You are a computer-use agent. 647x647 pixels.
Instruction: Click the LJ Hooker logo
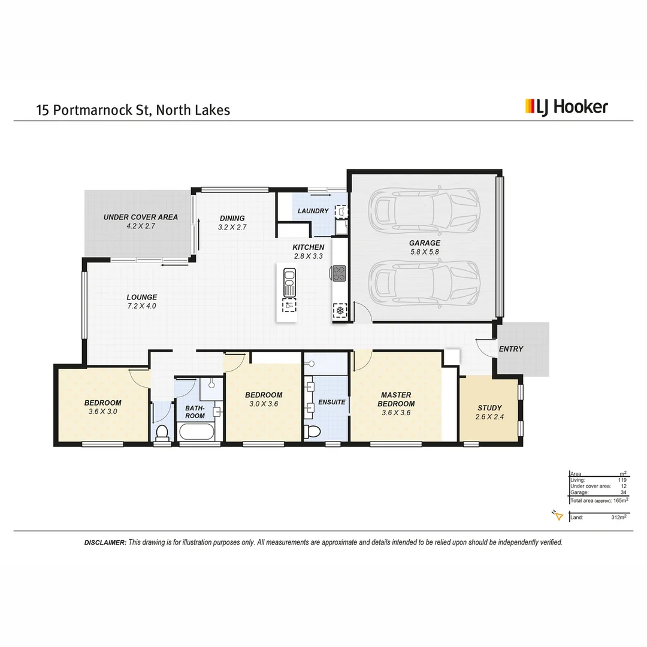pyautogui.click(x=566, y=107)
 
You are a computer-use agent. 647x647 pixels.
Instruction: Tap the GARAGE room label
pyautogui.click(x=424, y=243)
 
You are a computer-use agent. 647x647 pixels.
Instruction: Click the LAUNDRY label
pyautogui.click(x=313, y=211)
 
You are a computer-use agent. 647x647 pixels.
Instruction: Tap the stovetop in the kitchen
pyautogui.click(x=339, y=273)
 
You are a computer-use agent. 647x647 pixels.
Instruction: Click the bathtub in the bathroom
pyautogui.click(x=195, y=433)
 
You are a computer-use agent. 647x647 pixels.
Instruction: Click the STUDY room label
pyautogui.click(x=489, y=408)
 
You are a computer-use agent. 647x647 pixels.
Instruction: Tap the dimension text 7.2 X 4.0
pyautogui.click(x=141, y=306)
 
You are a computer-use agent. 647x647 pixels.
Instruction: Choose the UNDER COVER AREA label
pyautogui.click(x=140, y=217)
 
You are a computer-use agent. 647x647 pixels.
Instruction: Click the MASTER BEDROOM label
pyautogui.click(x=396, y=399)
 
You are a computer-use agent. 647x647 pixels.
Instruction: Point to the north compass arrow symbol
pyautogui.click(x=557, y=516)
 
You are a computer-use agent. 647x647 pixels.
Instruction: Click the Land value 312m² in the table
pyautogui.click(x=619, y=517)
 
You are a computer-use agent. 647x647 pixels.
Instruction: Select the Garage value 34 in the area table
pyautogui.click(x=622, y=492)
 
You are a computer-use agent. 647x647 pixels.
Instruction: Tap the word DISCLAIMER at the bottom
pyautogui.click(x=105, y=542)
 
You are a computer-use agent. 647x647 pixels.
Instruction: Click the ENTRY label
pyautogui.click(x=510, y=349)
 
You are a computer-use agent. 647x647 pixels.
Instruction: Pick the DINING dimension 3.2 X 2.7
pyautogui.click(x=232, y=228)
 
